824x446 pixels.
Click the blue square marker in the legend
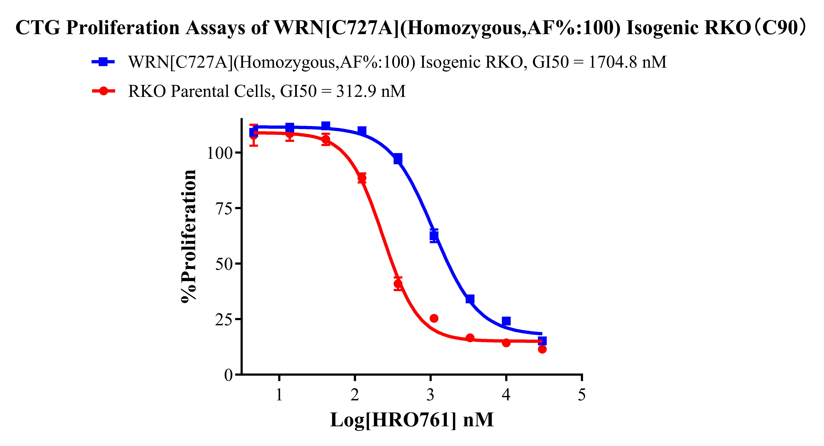103,61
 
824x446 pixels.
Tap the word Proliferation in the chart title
123,28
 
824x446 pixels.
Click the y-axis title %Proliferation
188,236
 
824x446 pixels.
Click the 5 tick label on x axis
582,395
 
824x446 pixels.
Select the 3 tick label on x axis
430,395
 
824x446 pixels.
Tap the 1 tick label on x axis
279,395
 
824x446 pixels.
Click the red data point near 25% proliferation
434,318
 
